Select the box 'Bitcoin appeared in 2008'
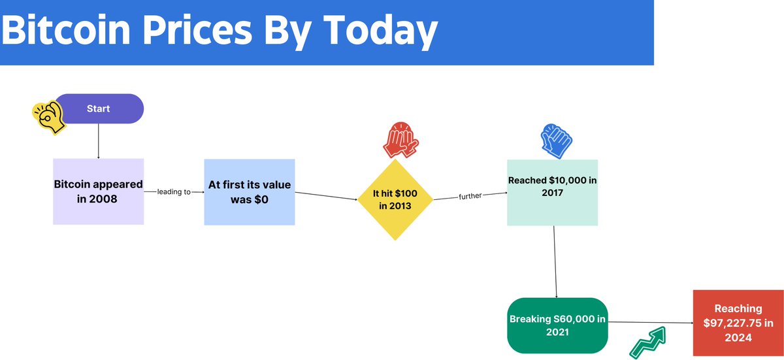point(98,191)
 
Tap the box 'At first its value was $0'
point(249,191)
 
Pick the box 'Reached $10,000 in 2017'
point(552,192)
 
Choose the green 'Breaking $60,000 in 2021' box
point(557,325)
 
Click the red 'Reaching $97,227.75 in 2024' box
point(738,323)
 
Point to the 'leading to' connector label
point(174,192)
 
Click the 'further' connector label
point(470,196)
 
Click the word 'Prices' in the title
point(215,31)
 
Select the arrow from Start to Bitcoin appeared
point(98,140)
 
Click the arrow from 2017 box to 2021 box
point(555,261)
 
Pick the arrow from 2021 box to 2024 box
point(650,323)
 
